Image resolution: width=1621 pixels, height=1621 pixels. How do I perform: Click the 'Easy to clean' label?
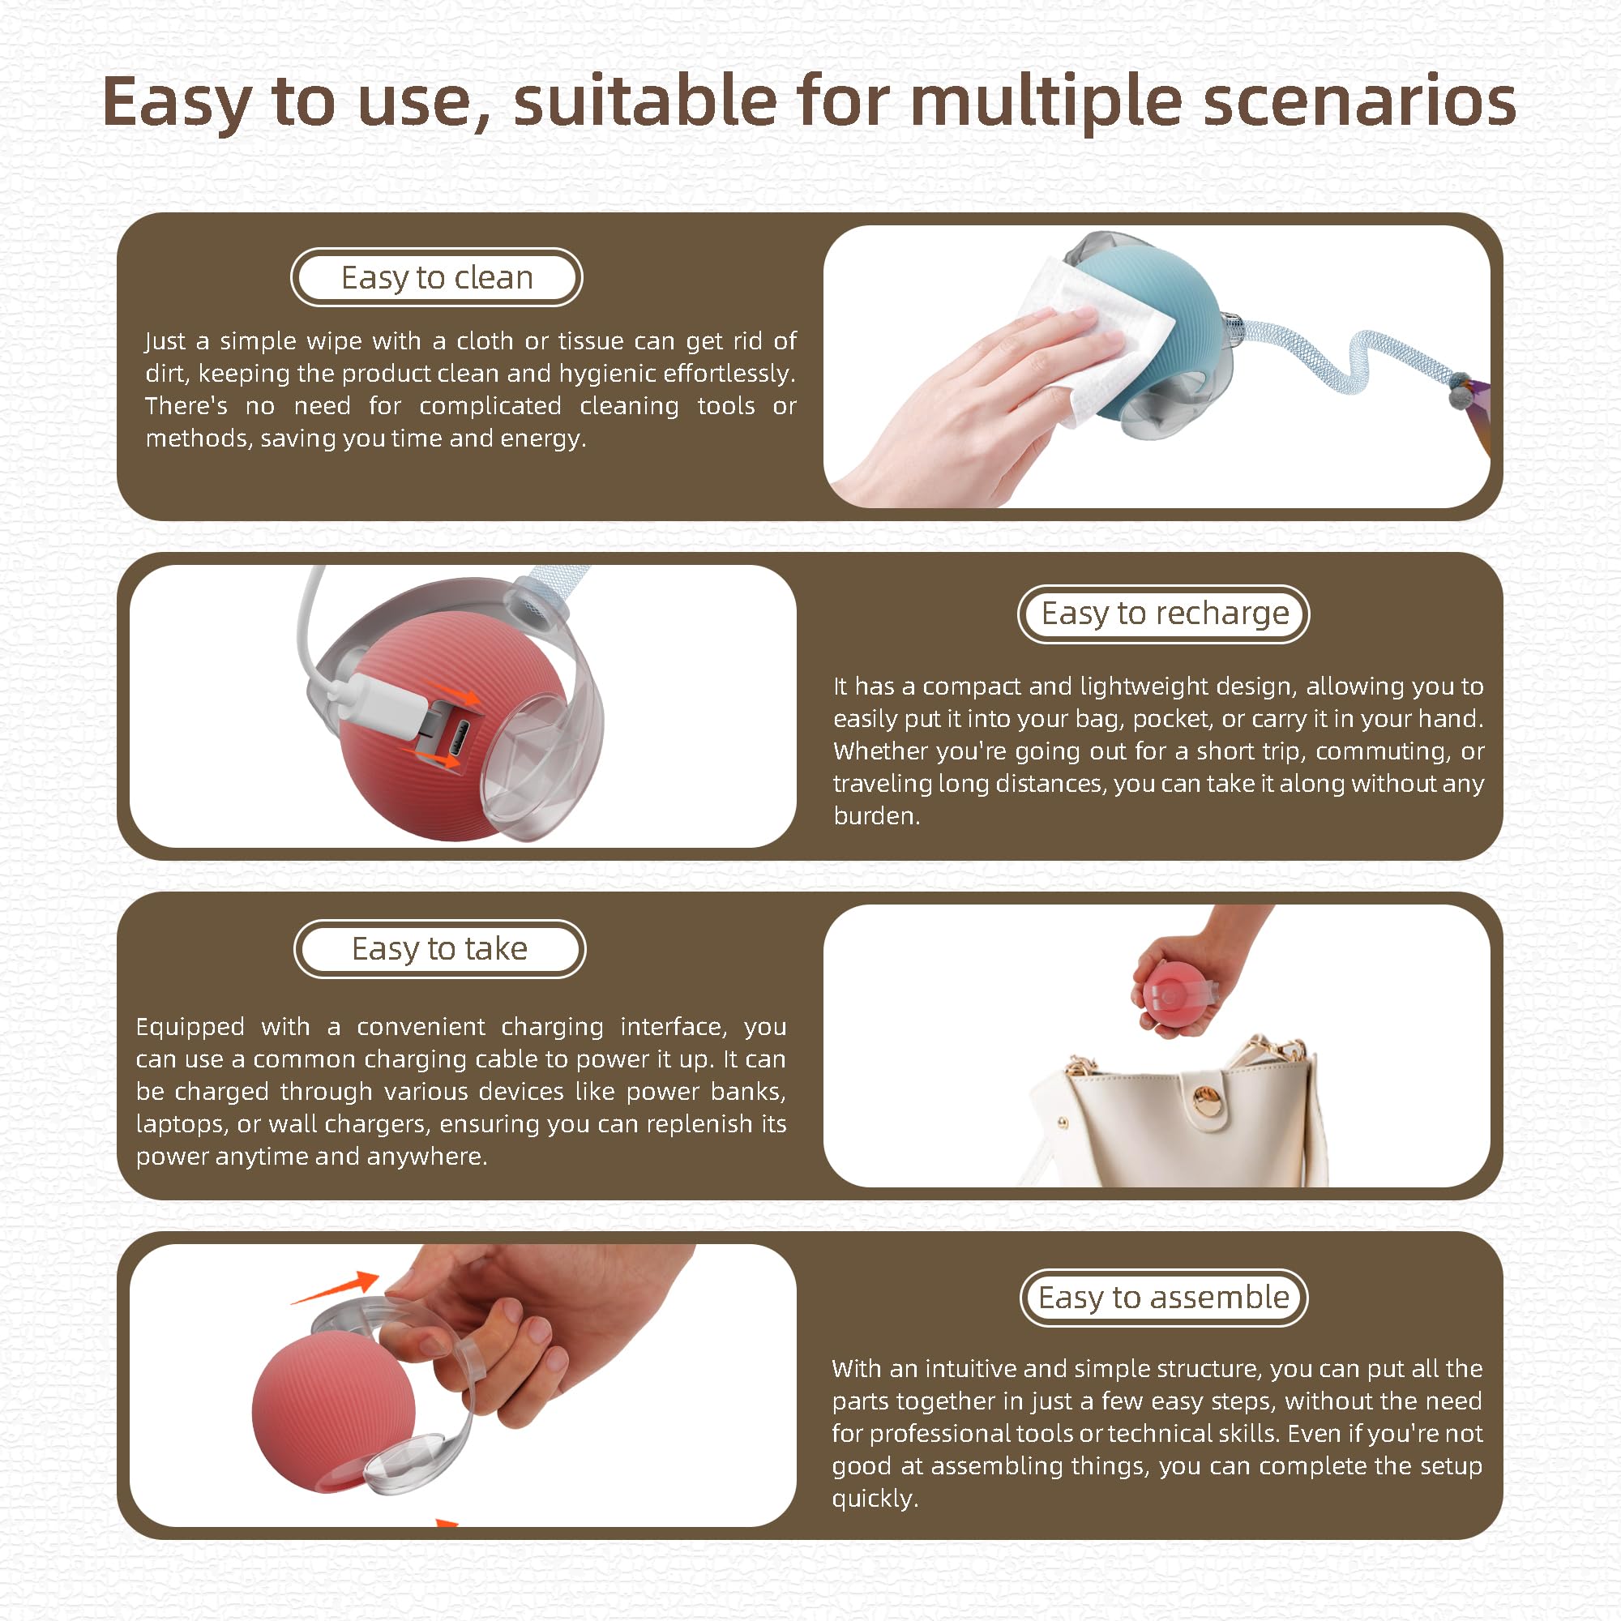[436, 277]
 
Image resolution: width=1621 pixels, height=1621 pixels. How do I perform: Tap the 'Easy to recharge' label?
[1164, 614]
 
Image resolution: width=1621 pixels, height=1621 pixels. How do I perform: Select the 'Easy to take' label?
[439, 948]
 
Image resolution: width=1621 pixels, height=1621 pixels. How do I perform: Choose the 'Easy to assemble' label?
[1164, 1297]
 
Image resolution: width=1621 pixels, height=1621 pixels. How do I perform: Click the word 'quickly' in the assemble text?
[875, 1499]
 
